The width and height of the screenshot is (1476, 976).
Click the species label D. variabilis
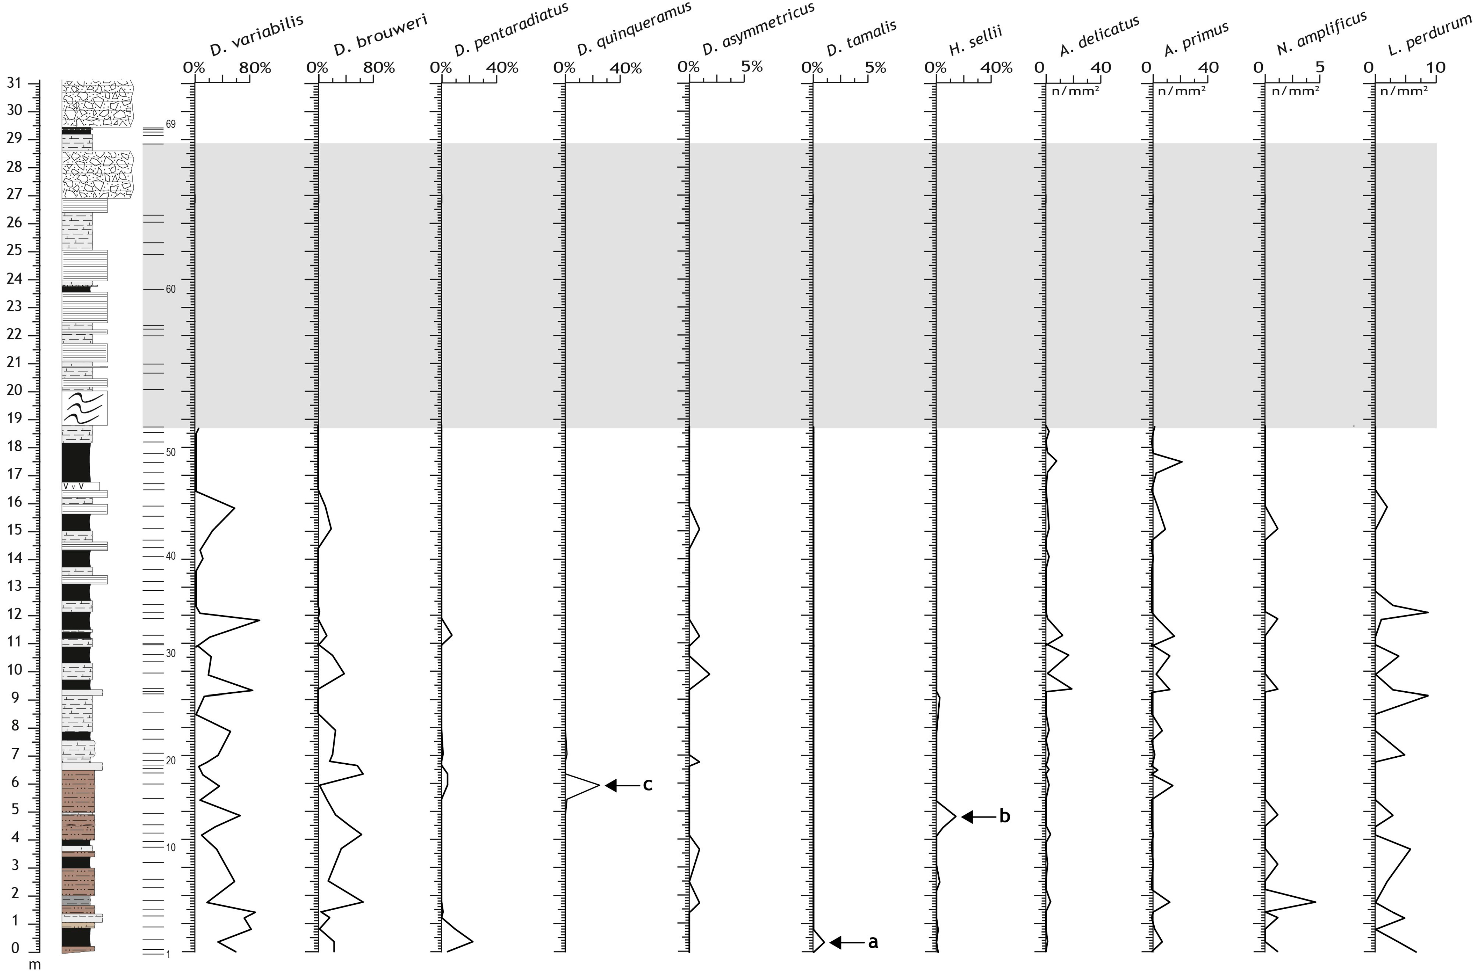(x=256, y=35)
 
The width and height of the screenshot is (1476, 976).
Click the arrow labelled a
(x=847, y=942)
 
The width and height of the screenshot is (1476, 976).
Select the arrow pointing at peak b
(x=979, y=816)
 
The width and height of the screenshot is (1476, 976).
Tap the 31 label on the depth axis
(x=14, y=83)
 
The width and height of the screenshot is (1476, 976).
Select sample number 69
(x=170, y=125)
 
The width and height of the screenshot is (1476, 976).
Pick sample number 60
(x=170, y=289)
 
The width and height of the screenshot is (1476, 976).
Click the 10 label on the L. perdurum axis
(x=1435, y=66)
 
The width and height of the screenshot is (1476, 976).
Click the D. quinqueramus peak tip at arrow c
(x=599, y=786)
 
